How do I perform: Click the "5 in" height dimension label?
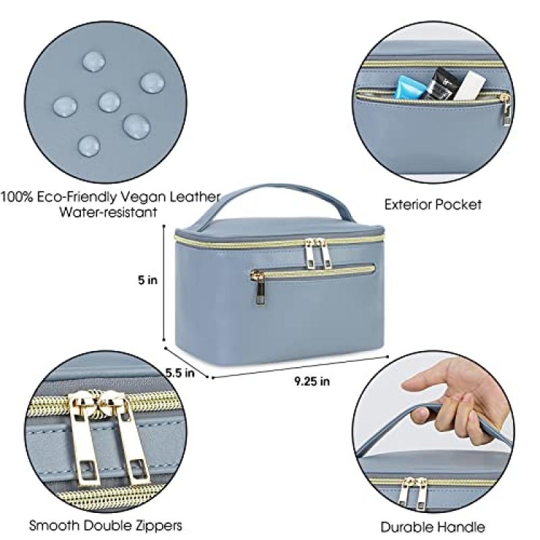click(x=147, y=280)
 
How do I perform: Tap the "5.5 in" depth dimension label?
click(x=180, y=371)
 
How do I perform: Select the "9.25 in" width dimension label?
click(x=312, y=381)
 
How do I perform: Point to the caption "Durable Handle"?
click(x=433, y=526)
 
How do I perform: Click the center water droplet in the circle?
click(x=109, y=102)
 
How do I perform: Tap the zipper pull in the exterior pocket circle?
click(x=504, y=112)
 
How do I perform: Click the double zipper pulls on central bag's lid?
click(x=318, y=252)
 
